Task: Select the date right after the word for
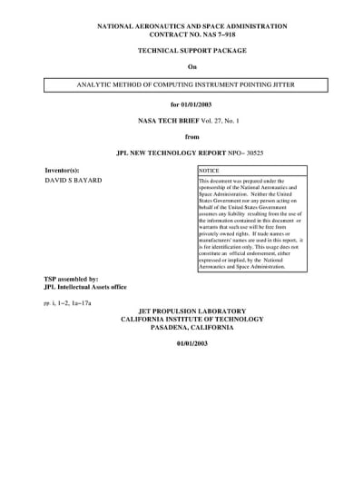point(197,104)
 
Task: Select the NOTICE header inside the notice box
point(210,170)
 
